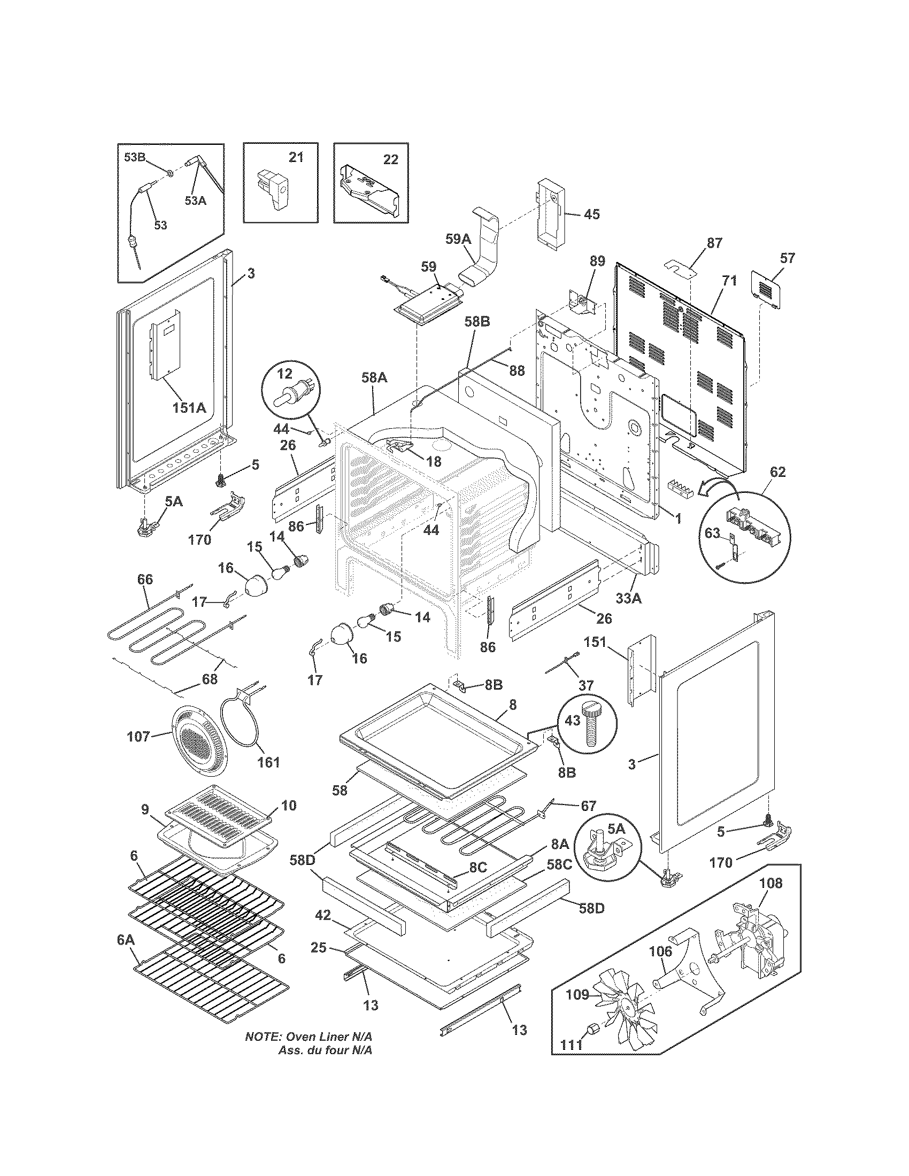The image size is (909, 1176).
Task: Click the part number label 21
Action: (296, 157)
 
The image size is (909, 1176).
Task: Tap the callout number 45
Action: (591, 214)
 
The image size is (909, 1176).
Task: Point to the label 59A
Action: (458, 239)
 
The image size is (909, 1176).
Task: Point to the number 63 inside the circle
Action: (712, 533)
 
